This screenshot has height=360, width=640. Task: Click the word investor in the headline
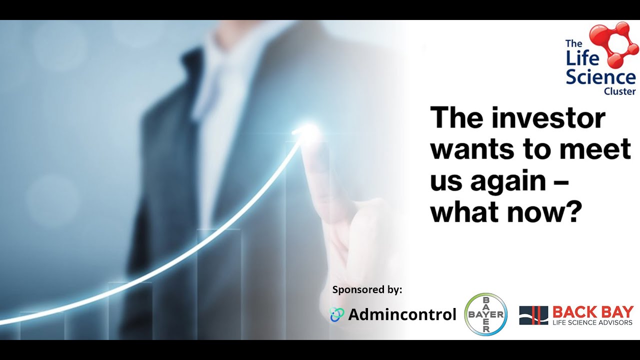point(548,119)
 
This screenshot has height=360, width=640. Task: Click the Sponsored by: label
point(367,289)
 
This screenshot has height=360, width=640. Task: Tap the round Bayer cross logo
point(485,314)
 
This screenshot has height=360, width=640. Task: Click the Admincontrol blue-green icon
point(337,314)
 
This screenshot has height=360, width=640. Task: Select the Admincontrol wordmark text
point(402,314)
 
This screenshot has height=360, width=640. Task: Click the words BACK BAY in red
point(592,312)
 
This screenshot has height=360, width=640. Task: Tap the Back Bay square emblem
point(533,315)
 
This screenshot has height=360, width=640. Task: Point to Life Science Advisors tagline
point(592,322)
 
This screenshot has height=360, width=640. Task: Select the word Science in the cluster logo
point(600,78)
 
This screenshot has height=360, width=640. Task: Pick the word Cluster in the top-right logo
point(619,91)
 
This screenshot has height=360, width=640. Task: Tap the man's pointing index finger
point(320,165)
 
